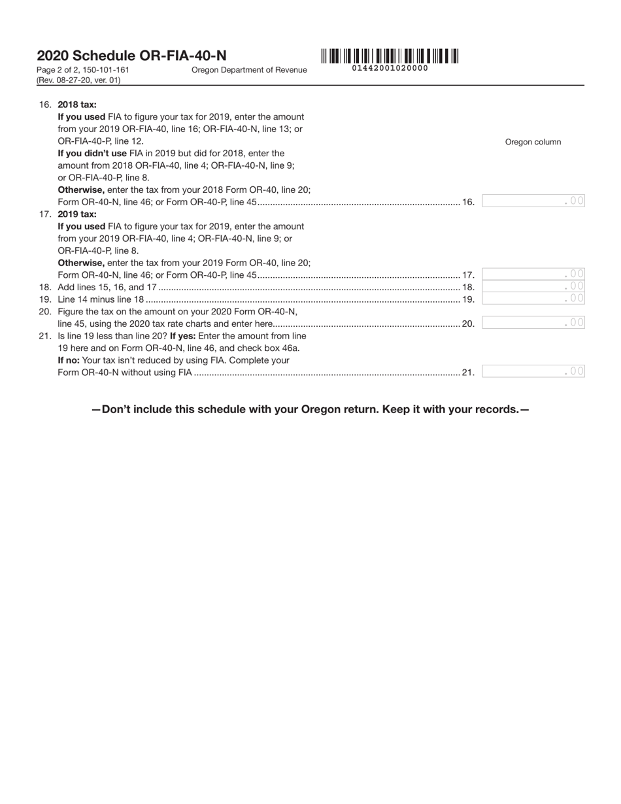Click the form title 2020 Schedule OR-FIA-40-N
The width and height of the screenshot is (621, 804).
click(x=131, y=56)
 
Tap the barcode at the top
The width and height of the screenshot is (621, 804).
click(x=390, y=56)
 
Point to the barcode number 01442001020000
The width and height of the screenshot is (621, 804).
click(x=390, y=68)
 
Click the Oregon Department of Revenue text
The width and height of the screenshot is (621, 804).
click(x=249, y=70)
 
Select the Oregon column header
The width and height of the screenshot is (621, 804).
click(x=533, y=142)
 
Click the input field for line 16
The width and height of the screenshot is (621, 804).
click(x=533, y=201)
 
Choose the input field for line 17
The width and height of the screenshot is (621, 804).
click(x=533, y=275)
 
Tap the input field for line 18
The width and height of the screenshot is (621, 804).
click(x=533, y=286)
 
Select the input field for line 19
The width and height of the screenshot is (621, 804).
click(x=533, y=299)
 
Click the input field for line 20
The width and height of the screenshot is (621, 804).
click(x=533, y=323)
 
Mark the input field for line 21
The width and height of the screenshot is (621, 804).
click(x=533, y=371)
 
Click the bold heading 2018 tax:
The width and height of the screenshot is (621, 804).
click(x=77, y=105)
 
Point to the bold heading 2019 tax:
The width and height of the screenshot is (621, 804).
click(x=77, y=214)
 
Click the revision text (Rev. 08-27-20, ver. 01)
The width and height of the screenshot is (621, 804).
click(x=78, y=80)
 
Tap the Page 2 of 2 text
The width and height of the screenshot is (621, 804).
click(x=58, y=70)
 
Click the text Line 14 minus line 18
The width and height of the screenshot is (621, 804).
click(x=101, y=299)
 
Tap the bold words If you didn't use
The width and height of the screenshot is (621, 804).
click(x=92, y=154)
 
